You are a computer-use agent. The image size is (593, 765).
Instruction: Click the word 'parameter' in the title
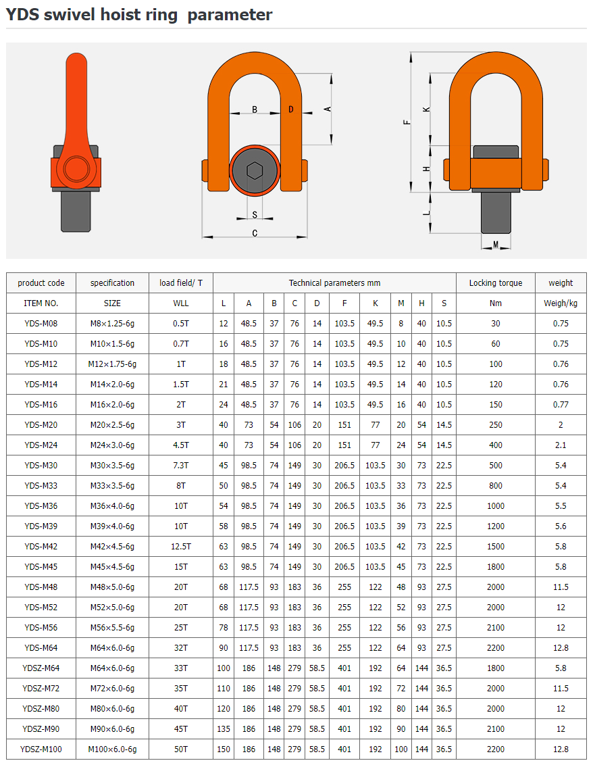(230, 15)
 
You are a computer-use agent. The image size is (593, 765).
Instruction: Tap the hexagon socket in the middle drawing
(255, 171)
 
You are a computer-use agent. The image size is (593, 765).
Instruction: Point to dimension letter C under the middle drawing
(255, 233)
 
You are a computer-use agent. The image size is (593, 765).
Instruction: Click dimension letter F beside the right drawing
(407, 122)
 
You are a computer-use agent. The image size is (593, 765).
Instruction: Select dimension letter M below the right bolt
(496, 245)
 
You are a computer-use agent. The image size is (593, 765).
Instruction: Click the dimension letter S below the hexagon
(255, 215)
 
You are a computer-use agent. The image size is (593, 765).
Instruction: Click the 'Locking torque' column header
(496, 283)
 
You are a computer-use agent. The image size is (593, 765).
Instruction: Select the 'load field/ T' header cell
(181, 283)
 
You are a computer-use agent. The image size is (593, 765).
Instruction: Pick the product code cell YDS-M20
(41, 425)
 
